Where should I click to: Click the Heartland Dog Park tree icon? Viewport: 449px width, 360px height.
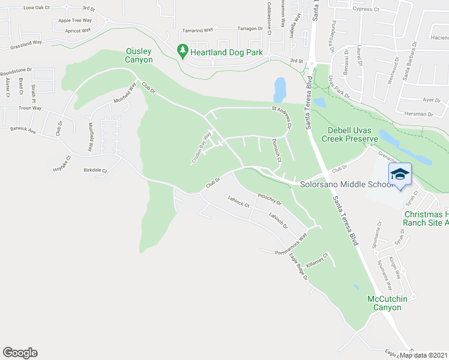tap(183, 52)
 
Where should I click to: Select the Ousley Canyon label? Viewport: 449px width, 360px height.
tap(139, 55)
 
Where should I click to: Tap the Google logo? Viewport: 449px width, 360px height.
tap(20, 353)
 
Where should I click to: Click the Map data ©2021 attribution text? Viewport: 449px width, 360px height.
tap(424, 355)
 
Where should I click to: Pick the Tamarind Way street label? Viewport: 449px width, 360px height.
tap(198, 29)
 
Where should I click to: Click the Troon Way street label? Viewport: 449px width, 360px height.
tap(29, 108)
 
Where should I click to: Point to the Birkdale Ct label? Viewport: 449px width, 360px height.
tap(95, 170)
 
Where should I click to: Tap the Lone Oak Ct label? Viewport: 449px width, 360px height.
tap(35, 8)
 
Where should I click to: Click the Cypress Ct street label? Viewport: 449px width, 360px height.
tap(367, 10)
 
